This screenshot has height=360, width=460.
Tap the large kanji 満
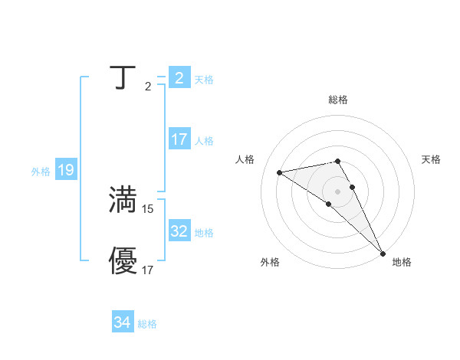pyautogui.click(x=123, y=201)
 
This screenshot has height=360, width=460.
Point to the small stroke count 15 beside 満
pyautogui.click(x=148, y=208)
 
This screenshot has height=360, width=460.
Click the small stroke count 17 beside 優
pyautogui.click(x=148, y=270)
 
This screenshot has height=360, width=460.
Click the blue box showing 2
pyautogui.click(x=179, y=78)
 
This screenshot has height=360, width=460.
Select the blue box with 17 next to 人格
pyautogui.click(x=179, y=140)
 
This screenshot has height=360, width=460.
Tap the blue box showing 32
pyautogui.click(x=179, y=231)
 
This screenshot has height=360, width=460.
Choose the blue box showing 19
pyautogui.click(x=66, y=170)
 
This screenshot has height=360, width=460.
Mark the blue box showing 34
pyautogui.click(x=123, y=322)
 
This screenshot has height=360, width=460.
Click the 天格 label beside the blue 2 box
pyautogui.click(x=204, y=80)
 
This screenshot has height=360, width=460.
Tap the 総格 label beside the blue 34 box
pyautogui.click(x=147, y=324)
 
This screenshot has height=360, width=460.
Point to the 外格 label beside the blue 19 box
pyautogui.click(x=41, y=172)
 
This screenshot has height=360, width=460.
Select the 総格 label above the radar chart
pyautogui.click(x=338, y=100)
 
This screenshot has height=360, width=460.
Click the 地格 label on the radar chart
pyautogui.click(x=402, y=262)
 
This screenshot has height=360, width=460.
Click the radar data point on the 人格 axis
pyautogui.click(x=280, y=172)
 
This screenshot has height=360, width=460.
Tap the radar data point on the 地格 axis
pyautogui.click(x=383, y=254)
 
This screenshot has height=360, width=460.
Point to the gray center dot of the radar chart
pyautogui.click(x=337, y=191)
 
